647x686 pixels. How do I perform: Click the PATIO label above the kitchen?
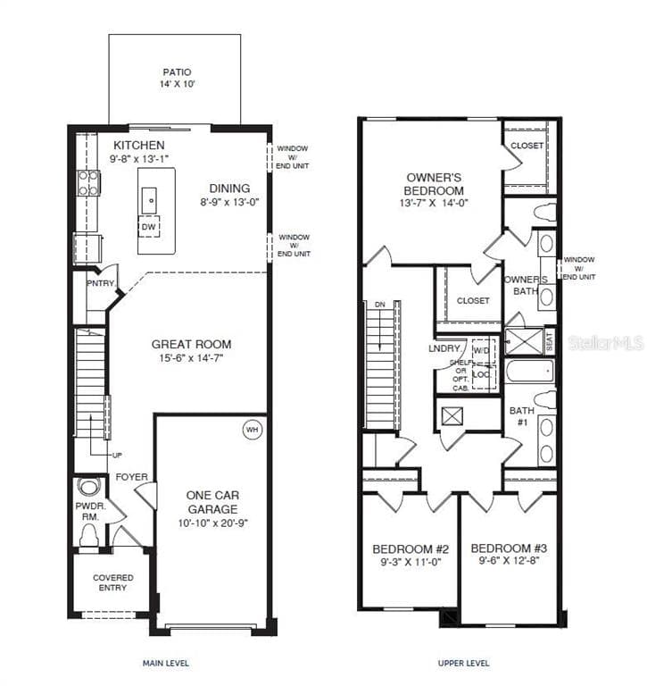(177, 72)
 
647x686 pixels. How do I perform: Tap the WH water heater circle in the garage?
(252, 430)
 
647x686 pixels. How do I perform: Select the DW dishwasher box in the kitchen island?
(149, 227)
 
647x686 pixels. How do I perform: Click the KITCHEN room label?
(138, 145)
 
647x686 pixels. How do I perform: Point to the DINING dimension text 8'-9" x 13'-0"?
(229, 202)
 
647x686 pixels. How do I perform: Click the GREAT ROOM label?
(191, 344)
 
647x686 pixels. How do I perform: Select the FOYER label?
(131, 477)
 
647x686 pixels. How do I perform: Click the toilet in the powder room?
(88, 535)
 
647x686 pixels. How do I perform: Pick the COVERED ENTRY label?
(112, 582)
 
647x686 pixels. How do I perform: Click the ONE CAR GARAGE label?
(212, 501)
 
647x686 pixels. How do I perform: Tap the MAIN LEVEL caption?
(166, 663)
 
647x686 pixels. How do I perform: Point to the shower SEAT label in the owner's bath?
(549, 340)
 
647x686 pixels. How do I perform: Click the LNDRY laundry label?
(444, 348)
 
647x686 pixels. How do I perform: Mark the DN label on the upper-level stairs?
(378, 304)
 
